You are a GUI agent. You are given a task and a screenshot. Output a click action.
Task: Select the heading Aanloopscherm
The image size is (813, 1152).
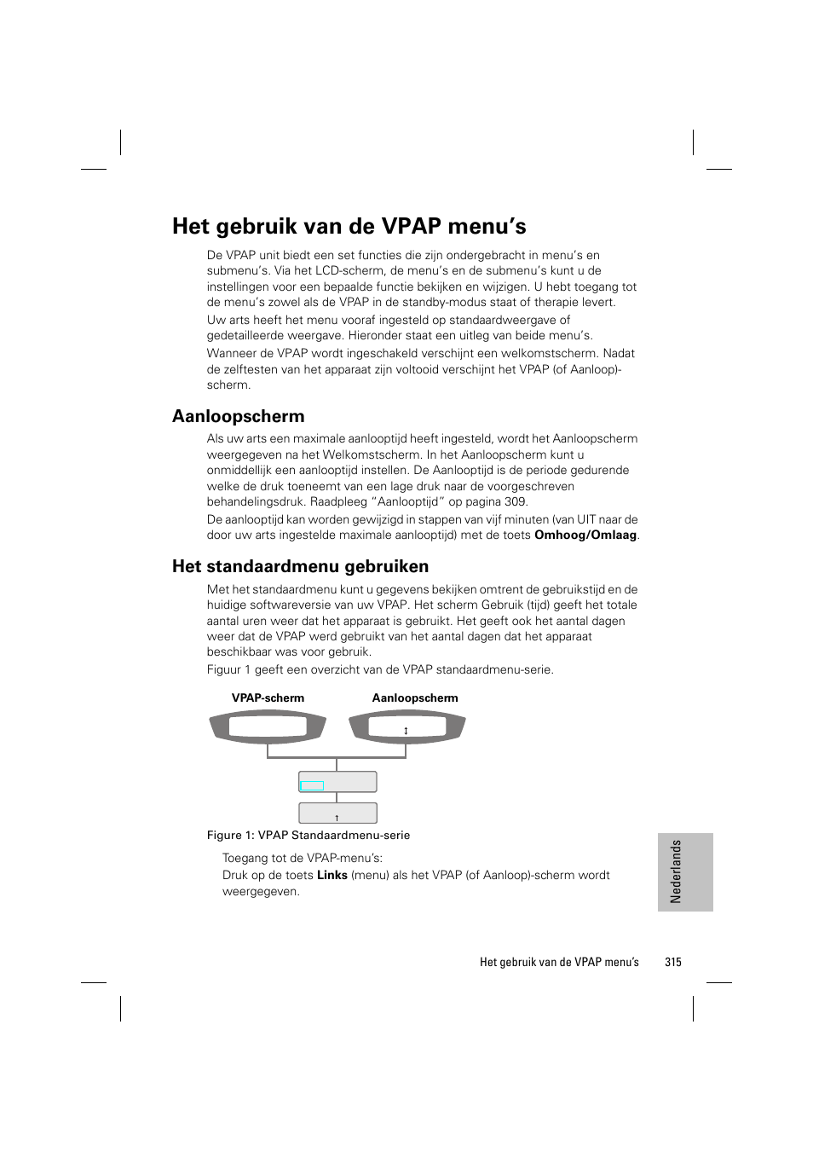[238, 416]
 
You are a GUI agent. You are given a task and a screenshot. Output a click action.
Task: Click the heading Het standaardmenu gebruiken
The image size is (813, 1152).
[300, 566]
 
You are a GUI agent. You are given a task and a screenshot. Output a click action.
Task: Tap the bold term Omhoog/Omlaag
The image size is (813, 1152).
[585, 535]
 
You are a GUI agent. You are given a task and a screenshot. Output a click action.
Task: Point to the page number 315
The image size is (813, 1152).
[672, 962]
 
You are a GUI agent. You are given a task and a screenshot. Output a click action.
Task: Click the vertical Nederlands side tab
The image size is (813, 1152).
[684, 871]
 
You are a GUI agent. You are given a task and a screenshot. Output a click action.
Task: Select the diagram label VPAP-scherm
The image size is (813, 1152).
[268, 698]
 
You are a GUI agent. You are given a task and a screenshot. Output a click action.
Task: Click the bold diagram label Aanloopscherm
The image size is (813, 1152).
[415, 698]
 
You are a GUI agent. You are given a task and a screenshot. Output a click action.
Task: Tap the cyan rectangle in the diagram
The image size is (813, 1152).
[312, 786]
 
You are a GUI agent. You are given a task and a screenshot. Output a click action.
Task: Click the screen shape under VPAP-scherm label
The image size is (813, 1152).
[268, 727]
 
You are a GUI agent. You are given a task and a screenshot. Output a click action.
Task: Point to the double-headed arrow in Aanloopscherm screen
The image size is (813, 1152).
[406, 731]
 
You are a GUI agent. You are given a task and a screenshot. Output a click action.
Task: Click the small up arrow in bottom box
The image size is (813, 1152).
[337, 818]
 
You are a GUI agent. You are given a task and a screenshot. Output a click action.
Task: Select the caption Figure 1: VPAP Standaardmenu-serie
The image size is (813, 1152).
[308, 836]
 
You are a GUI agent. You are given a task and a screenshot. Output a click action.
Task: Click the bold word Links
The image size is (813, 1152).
[332, 875]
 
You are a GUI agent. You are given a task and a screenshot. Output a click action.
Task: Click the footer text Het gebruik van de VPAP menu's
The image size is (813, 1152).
[559, 962]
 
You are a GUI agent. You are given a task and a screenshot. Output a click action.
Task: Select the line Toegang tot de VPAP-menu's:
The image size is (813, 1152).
[303, 859]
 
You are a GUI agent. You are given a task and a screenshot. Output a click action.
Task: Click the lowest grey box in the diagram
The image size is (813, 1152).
[337, 813]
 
